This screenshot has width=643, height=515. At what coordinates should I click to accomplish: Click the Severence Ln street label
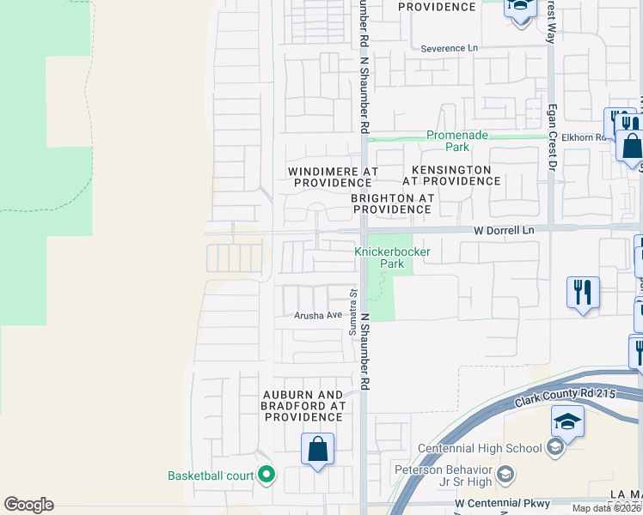click(449, 49)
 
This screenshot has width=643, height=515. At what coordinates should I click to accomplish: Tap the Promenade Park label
click(458, 141)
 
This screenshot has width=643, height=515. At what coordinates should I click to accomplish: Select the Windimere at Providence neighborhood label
click(334, 177)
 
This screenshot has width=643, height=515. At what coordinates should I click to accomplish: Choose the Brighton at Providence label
click(392, 203)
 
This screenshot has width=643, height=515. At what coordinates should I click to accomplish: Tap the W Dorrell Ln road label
click(504, 231)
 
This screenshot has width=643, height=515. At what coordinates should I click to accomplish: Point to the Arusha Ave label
click(318, 315)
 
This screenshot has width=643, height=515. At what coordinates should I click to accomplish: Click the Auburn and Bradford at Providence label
click(303, 405)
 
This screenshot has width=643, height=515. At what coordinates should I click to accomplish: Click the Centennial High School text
click(480, 448)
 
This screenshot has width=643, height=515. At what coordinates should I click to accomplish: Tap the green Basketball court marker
click(266, 475)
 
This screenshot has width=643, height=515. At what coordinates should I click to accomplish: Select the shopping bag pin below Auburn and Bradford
click(318, 449)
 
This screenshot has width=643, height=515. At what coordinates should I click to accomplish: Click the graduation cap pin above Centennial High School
click(567, 421)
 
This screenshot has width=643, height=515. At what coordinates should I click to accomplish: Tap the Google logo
click(28, 505)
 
